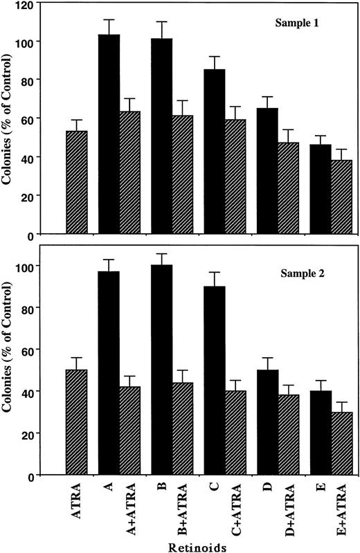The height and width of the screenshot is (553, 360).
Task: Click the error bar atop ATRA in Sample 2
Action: [76, 363]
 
